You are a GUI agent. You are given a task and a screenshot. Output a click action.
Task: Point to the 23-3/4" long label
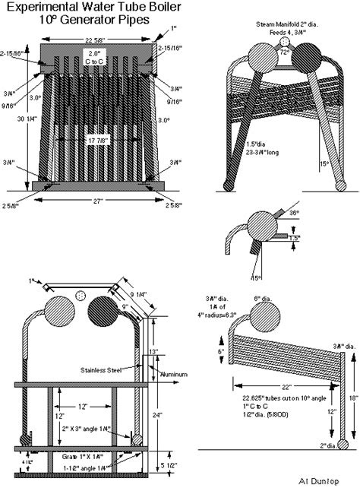click(x=259, y=151)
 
